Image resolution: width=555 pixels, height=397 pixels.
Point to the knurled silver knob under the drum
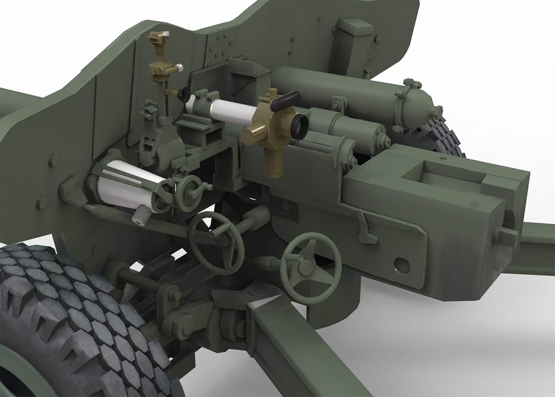pos(142,216)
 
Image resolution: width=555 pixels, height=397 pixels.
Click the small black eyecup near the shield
pos(182,94)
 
